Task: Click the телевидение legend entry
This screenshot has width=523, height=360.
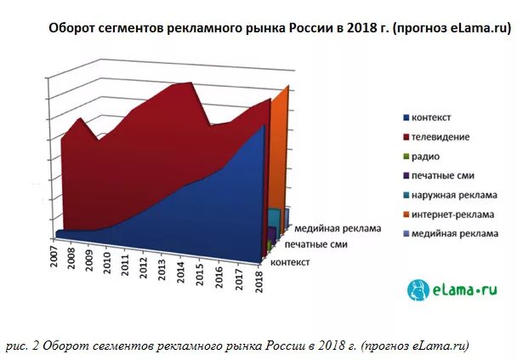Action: coord(440,136)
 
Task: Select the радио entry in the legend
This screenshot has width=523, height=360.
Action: coord(426,156)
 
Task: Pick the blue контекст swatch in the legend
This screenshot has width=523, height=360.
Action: coord(406,117)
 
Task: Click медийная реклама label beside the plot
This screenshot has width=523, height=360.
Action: coord(337,229)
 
